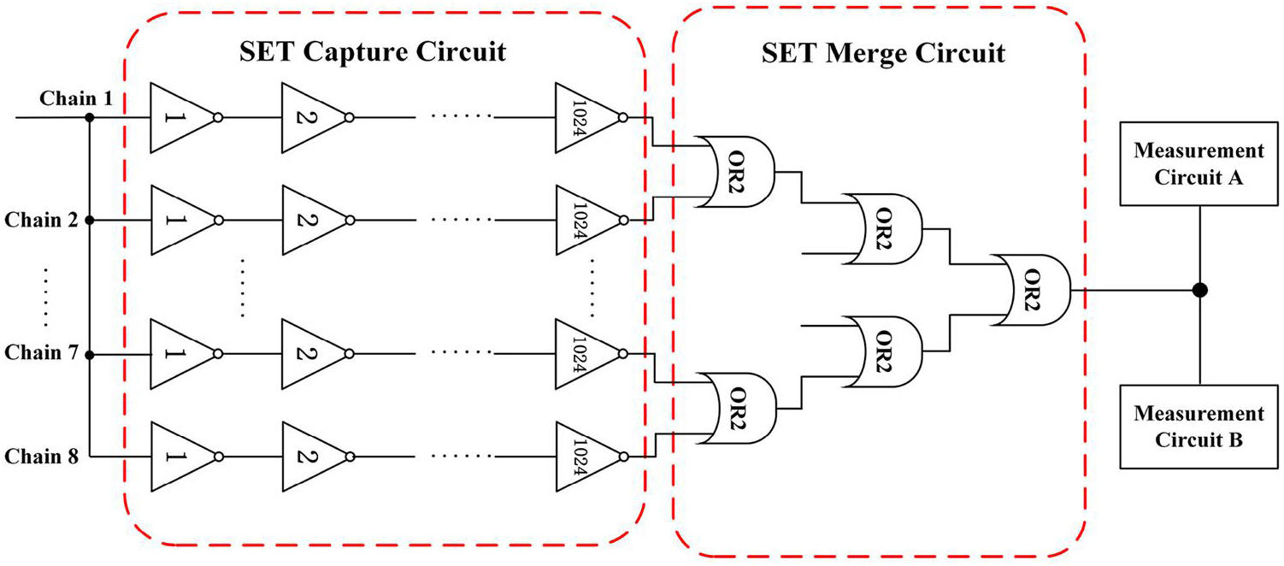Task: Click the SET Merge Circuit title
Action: (883, 54)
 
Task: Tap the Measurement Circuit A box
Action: (1199, 165)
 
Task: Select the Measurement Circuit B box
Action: (1199, 427)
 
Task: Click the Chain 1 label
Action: (75, 99)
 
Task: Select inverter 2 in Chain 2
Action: (309, 220)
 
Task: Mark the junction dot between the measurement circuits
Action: (1199, 290)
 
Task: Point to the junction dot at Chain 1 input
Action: (90, 118)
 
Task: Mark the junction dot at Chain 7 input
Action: (90, 353)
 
